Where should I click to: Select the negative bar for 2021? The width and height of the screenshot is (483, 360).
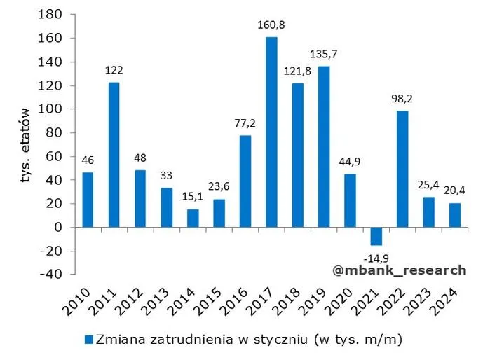pos(376,236)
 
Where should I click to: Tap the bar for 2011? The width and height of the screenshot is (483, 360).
pos(114,155)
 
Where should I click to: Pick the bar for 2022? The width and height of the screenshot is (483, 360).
pos(402,169)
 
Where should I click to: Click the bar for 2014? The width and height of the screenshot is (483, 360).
pos(193,218)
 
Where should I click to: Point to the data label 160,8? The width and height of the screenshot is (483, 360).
pos(271,26)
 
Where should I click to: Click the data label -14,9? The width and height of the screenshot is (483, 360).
pos(376,256)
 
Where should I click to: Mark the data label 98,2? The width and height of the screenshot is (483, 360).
pos(402,99)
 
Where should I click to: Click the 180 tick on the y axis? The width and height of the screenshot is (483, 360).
pos(52,14)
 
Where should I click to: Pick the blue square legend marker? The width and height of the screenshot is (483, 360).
pos(88,339)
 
